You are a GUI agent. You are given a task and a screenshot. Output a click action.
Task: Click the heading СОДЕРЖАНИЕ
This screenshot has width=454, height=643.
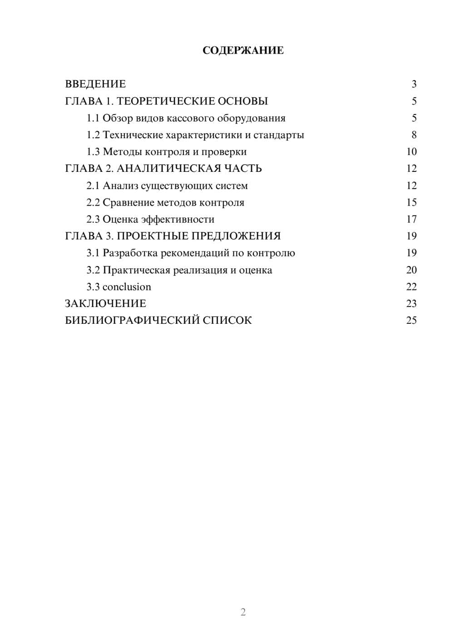tap(243, 50)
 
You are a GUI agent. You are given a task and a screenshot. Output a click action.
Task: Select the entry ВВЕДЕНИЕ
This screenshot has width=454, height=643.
tap(95, 84)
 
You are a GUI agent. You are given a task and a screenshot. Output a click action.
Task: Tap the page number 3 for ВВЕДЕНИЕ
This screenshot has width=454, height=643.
tap(414, 84)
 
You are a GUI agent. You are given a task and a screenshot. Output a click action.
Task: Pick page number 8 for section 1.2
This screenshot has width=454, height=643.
tap(414, 135)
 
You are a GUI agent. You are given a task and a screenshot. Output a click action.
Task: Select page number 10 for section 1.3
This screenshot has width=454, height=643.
tap(411, 152)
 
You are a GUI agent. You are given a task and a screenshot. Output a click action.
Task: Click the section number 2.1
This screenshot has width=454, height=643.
tap(93, 186)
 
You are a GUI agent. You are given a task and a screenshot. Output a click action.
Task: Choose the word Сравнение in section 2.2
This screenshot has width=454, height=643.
tap(128, 202)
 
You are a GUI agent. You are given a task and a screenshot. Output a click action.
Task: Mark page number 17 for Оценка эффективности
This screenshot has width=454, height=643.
tap(411, 219)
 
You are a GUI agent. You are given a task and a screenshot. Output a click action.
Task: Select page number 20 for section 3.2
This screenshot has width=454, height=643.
tap(411, 270)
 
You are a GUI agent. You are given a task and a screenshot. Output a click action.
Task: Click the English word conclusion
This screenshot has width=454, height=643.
tap(127, 287)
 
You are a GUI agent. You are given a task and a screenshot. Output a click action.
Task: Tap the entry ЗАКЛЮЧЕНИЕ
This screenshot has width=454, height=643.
tap(105, 304)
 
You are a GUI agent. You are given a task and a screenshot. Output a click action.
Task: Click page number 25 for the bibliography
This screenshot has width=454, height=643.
tap(411, 321)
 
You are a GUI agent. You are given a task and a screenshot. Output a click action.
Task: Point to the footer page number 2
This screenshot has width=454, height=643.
tap(243, 612)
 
